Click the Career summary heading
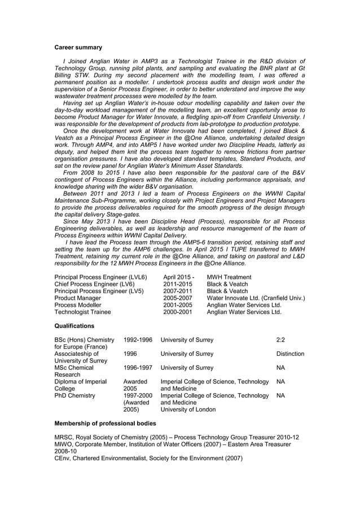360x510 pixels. pos(78,47)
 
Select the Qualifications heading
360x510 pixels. pos(74,326)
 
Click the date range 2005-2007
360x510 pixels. pos(178,298)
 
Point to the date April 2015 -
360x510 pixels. pos(178,277)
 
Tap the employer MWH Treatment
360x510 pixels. pos(229,277)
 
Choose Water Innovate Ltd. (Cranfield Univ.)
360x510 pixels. pos(256,298)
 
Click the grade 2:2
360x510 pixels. pos(281,339)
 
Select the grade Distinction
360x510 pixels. pos(290,354)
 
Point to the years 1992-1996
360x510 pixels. pos(138,339)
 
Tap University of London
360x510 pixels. pos(188,409)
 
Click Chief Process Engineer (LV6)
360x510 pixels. pos(94,284)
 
